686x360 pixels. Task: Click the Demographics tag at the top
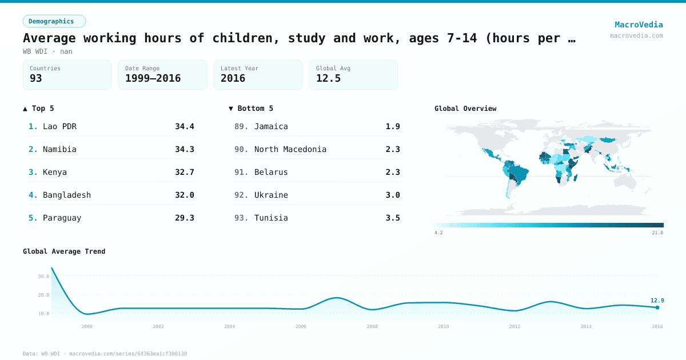54,21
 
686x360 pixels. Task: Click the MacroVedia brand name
639,25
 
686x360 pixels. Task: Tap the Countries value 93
36,78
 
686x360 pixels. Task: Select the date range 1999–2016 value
153,78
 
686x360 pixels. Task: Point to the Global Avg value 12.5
328,78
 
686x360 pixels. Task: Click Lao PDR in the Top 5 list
59,126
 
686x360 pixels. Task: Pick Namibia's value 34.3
184,149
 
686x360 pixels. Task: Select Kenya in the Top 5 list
55,172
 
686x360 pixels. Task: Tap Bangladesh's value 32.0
184,195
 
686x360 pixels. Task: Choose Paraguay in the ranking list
62,218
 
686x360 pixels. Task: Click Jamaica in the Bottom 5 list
271,126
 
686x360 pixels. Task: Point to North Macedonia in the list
290,149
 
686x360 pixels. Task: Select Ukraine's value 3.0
393,195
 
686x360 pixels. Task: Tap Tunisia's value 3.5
393,218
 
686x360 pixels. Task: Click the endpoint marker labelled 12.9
657,307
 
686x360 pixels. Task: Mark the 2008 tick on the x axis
372,326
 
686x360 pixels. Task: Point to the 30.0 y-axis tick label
43,276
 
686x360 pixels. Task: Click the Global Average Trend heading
64,251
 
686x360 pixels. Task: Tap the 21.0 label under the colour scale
657,233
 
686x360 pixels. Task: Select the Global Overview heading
465,109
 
